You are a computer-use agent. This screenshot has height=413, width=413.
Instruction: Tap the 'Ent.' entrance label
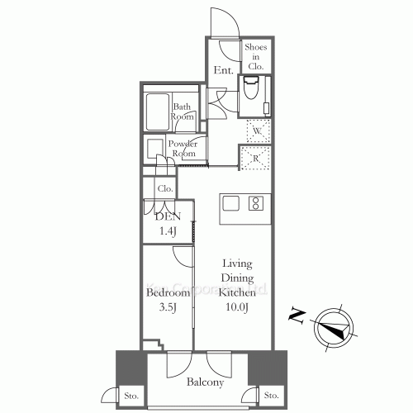click(x=222, y=71)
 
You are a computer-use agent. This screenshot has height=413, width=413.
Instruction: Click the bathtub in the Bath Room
click(x=156, y=109)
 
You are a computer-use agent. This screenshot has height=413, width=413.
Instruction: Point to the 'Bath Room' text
click(x=183, y=112)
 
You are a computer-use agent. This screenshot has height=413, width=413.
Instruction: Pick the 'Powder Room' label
click(x=183, y=149)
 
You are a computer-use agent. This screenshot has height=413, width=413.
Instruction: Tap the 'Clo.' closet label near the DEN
click(x=165, y=188)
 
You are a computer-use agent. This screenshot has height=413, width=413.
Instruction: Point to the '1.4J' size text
click(x=168, y=232)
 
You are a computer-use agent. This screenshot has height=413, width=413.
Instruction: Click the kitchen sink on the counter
click(x=230, y=203)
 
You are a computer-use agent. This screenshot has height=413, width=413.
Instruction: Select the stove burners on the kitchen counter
click(x=256, y=203)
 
